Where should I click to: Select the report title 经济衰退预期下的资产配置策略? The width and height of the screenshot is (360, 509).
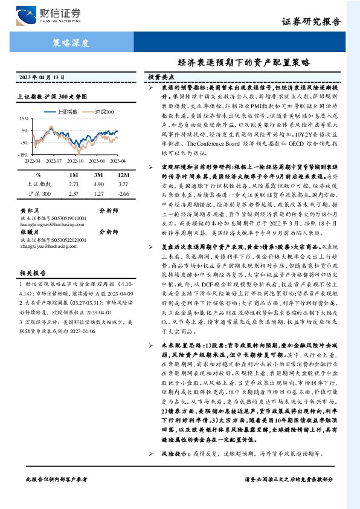[x=243, y=62]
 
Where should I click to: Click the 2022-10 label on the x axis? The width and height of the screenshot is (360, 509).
[x=76, y=161]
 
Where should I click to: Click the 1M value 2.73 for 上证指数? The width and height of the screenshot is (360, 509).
[x=74, y=184]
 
